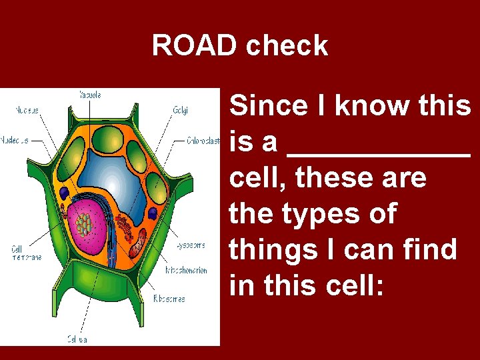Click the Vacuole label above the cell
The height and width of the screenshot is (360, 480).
coord(90,95)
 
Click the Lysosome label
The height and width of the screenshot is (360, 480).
coord(190,245)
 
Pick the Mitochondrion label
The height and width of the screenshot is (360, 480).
coord(187,271)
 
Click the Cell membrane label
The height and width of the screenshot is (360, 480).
coord(25,253)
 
